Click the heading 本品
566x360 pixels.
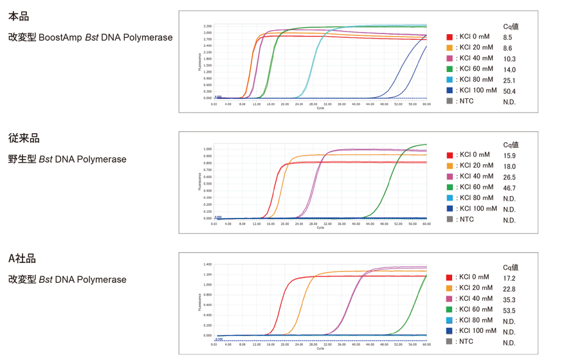tap(19, 17)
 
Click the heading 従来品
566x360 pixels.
tap(24, 138)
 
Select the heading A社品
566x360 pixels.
tap(22, 258)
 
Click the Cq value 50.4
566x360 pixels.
tap(509, 91)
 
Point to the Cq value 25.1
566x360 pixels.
tap(509, 80)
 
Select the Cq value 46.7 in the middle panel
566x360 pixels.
tap(509, 188)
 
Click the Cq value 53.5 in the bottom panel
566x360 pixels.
tap(509, 310)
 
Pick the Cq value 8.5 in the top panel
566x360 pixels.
tap(508, 37)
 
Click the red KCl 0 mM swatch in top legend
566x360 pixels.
tap(450, 37)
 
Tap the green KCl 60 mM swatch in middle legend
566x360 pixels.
tap(450, 188)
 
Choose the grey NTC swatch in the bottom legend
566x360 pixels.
tap(450, 342)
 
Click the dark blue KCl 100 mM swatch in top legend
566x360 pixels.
tap(450, 91)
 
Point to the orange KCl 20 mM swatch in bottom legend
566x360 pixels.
tap(450, 289)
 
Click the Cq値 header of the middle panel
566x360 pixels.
tap(511, 145)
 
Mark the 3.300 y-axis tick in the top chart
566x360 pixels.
tap(207, 26)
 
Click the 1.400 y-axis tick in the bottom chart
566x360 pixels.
tap(207, 264)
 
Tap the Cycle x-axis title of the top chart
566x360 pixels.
tap(320, 108)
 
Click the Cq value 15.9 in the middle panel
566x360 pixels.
tap(509, 156)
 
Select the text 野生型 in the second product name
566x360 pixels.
tap(23, 159)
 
